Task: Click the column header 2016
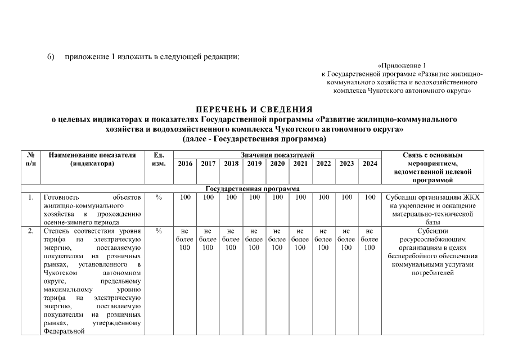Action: (x=184, y=164)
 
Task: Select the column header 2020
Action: (x=277, y=164)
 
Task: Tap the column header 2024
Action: (x=370, y=164)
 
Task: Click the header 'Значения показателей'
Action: (x=277, y=155)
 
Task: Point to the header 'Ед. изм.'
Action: (x=159, y=159)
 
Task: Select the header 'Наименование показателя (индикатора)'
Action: (x=92, y=159)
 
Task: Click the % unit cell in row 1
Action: (x=159, y=197)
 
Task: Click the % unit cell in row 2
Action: (x=159, y=231)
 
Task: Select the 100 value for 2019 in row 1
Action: (x=254, y=197)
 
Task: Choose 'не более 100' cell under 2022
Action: (x=323, y=239)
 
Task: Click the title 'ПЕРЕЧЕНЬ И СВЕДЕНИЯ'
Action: (x=254, y=109)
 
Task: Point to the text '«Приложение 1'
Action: (x=402, y=66)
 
